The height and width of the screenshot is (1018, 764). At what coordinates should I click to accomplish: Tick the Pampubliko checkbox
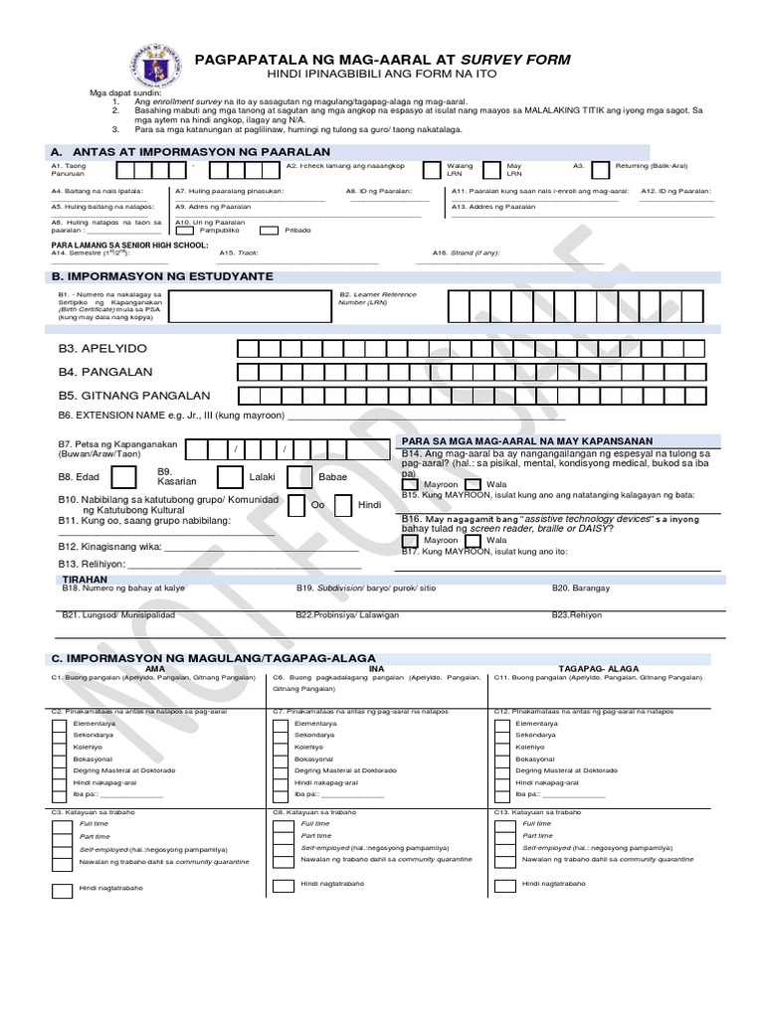[185, 229]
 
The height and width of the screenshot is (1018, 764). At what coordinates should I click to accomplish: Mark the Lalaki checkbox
[230, 477]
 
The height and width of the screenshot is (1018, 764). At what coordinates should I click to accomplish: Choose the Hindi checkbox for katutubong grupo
[341, 505]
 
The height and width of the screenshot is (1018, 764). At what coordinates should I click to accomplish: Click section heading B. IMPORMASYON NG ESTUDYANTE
[162, 275]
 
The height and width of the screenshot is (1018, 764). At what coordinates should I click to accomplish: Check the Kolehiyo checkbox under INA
[282, 746]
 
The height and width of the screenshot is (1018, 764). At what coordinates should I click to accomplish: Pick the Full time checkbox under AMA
[61, 824]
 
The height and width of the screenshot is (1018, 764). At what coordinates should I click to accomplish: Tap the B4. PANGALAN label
[104, 372]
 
